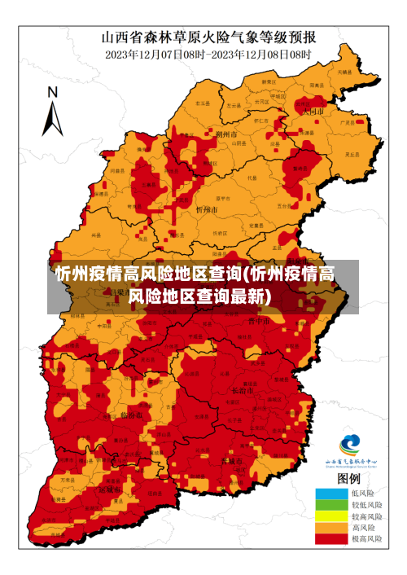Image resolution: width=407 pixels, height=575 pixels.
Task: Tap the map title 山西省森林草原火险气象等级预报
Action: [208, 37]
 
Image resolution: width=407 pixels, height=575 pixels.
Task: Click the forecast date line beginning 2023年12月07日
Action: [208, 54]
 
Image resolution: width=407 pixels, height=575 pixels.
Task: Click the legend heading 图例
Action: [349, 478]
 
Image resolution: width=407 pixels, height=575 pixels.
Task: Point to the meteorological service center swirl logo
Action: [349, 445]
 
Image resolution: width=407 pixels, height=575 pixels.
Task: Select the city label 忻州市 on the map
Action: [207, 209]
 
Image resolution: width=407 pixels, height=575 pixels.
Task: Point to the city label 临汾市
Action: [130, 415]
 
